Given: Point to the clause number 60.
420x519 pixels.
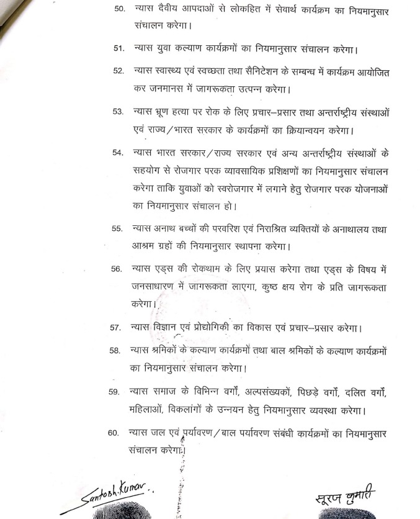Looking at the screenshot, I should pos(113,433).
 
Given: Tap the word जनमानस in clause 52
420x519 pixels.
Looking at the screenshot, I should pos(176,88).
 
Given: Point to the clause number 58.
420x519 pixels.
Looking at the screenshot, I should pos(114,351).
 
